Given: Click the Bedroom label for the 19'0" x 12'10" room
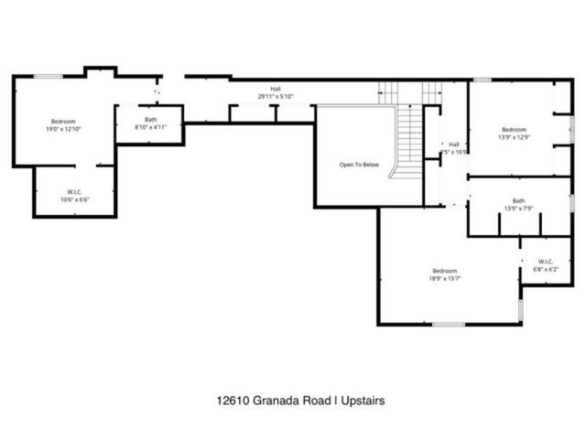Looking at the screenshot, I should point(63,122).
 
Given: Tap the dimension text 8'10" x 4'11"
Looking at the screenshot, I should point(150,126).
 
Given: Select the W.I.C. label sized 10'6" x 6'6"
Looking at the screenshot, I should point(74,192).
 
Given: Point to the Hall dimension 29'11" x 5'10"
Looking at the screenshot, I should point(276,96).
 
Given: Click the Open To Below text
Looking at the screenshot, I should point(359,165).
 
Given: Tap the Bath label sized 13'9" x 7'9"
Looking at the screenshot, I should point(518,201).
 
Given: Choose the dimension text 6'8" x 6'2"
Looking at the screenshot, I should point(546,269).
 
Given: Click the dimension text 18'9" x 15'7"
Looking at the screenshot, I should point(445,278).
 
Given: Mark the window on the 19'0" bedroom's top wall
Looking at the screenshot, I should point(48,76).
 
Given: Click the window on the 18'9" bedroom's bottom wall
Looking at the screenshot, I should point(449,324).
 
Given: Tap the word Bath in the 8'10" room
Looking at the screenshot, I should point(150,119).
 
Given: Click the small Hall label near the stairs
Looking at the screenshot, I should point(453,145).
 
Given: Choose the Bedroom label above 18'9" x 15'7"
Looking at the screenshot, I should point(445,271).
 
